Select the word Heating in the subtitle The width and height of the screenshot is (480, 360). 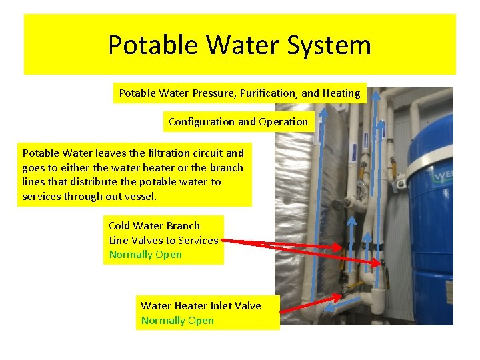click(x=341, y=93)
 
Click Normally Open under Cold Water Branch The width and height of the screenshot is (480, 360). click(x=145, y=255)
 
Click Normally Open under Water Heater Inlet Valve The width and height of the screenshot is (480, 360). click(x=177, y=321)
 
